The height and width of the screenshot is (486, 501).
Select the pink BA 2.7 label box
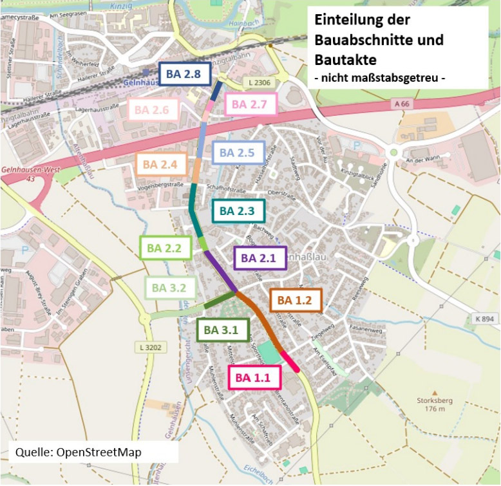254,104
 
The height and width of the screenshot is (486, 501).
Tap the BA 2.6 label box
151,111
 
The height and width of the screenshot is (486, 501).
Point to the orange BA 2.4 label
160,165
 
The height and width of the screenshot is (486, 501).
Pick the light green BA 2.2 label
164,247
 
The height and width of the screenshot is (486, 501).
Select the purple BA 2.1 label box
258,259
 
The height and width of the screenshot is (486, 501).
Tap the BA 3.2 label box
169,288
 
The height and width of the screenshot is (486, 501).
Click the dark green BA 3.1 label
222,331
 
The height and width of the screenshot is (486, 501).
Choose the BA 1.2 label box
294,300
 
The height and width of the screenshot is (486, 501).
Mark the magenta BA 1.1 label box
252,378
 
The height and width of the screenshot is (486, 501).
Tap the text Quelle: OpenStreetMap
79,452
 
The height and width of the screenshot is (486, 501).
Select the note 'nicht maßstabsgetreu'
380,78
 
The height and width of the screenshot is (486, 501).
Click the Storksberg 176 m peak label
435,404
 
